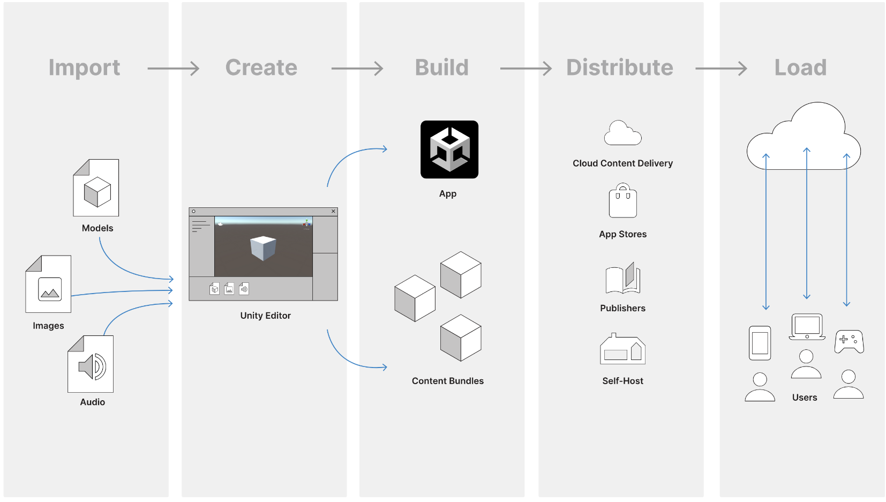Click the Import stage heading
pyautogui.click(x=84, y=68)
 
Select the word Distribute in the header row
pyautogui.click(x=619, y=68)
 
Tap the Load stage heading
pyautogui.click(x=800, y=68)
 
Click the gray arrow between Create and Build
pyautogui.click(x=357, y=69)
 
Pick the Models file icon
pyautogui.click(x=96, y=188)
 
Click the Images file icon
pyautogui.click(x=49, y=284)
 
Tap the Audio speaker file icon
pyautogui.click(x=91, y=364)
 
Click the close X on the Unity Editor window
pyautogui.click(x=333, y=212)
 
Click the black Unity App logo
pyautogui.click(x=449, y=149)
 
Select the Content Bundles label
pyautogui.click(x=447, y=381)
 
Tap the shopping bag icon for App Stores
pyautogui.click(x=622, y=201)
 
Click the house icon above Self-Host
pyautogui.click(x=622, y=350)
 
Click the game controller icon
pyautogui.click(x=849, y=341)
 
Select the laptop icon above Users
pyautogui.click(x=807, y=327)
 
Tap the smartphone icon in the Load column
pyautogui.click(x=760, y=343)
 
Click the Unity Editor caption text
pyautogui.click(x=265, y=316)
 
